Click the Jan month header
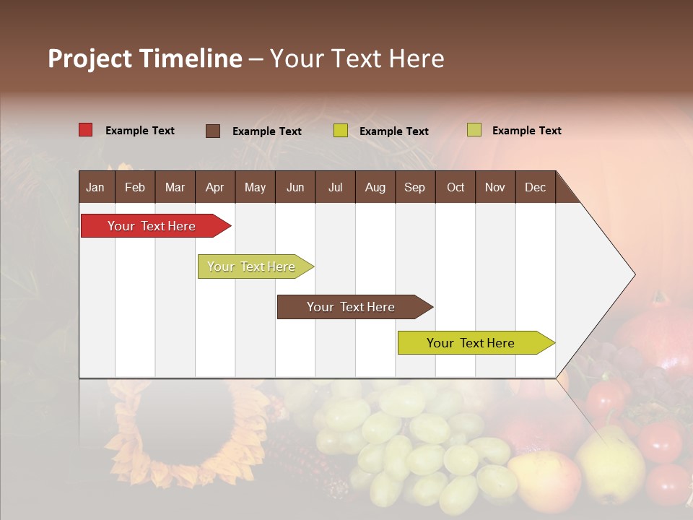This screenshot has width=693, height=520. click(95, 188)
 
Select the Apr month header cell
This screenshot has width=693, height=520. click(214, 188)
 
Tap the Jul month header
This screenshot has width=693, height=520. click(335, 188)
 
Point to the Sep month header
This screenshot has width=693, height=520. click(414, 188)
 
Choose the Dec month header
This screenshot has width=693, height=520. click(535, 188)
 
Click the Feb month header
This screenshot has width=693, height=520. click(135, 188)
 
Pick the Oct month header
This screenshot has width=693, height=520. click(456, 188)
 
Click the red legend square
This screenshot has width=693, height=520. click(86, 130)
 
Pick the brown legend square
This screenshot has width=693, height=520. click(213, 131)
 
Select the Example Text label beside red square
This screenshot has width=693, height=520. click(140, 131)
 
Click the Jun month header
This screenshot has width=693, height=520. click(295, 188)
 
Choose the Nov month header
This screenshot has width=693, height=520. click(495, 188)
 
